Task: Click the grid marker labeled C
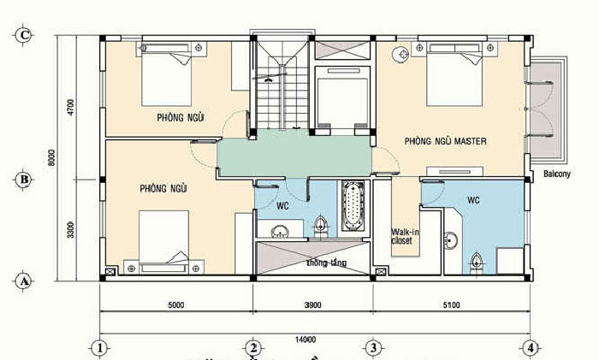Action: click(25, 35)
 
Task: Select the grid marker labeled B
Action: click(25, 180)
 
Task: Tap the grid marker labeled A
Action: click(25, 280)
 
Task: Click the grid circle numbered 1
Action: click(100, 348)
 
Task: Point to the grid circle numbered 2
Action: click(253, 348)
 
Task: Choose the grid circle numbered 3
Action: click(373, 348)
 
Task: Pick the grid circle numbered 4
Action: click(531, 348)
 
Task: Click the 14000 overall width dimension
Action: click(305, 338)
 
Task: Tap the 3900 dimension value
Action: click(312, 304)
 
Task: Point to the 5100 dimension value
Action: click(450, 304)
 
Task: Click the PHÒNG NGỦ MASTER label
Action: click(445, 140)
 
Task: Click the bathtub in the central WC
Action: click(353, 205)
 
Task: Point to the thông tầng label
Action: click(326, 263)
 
